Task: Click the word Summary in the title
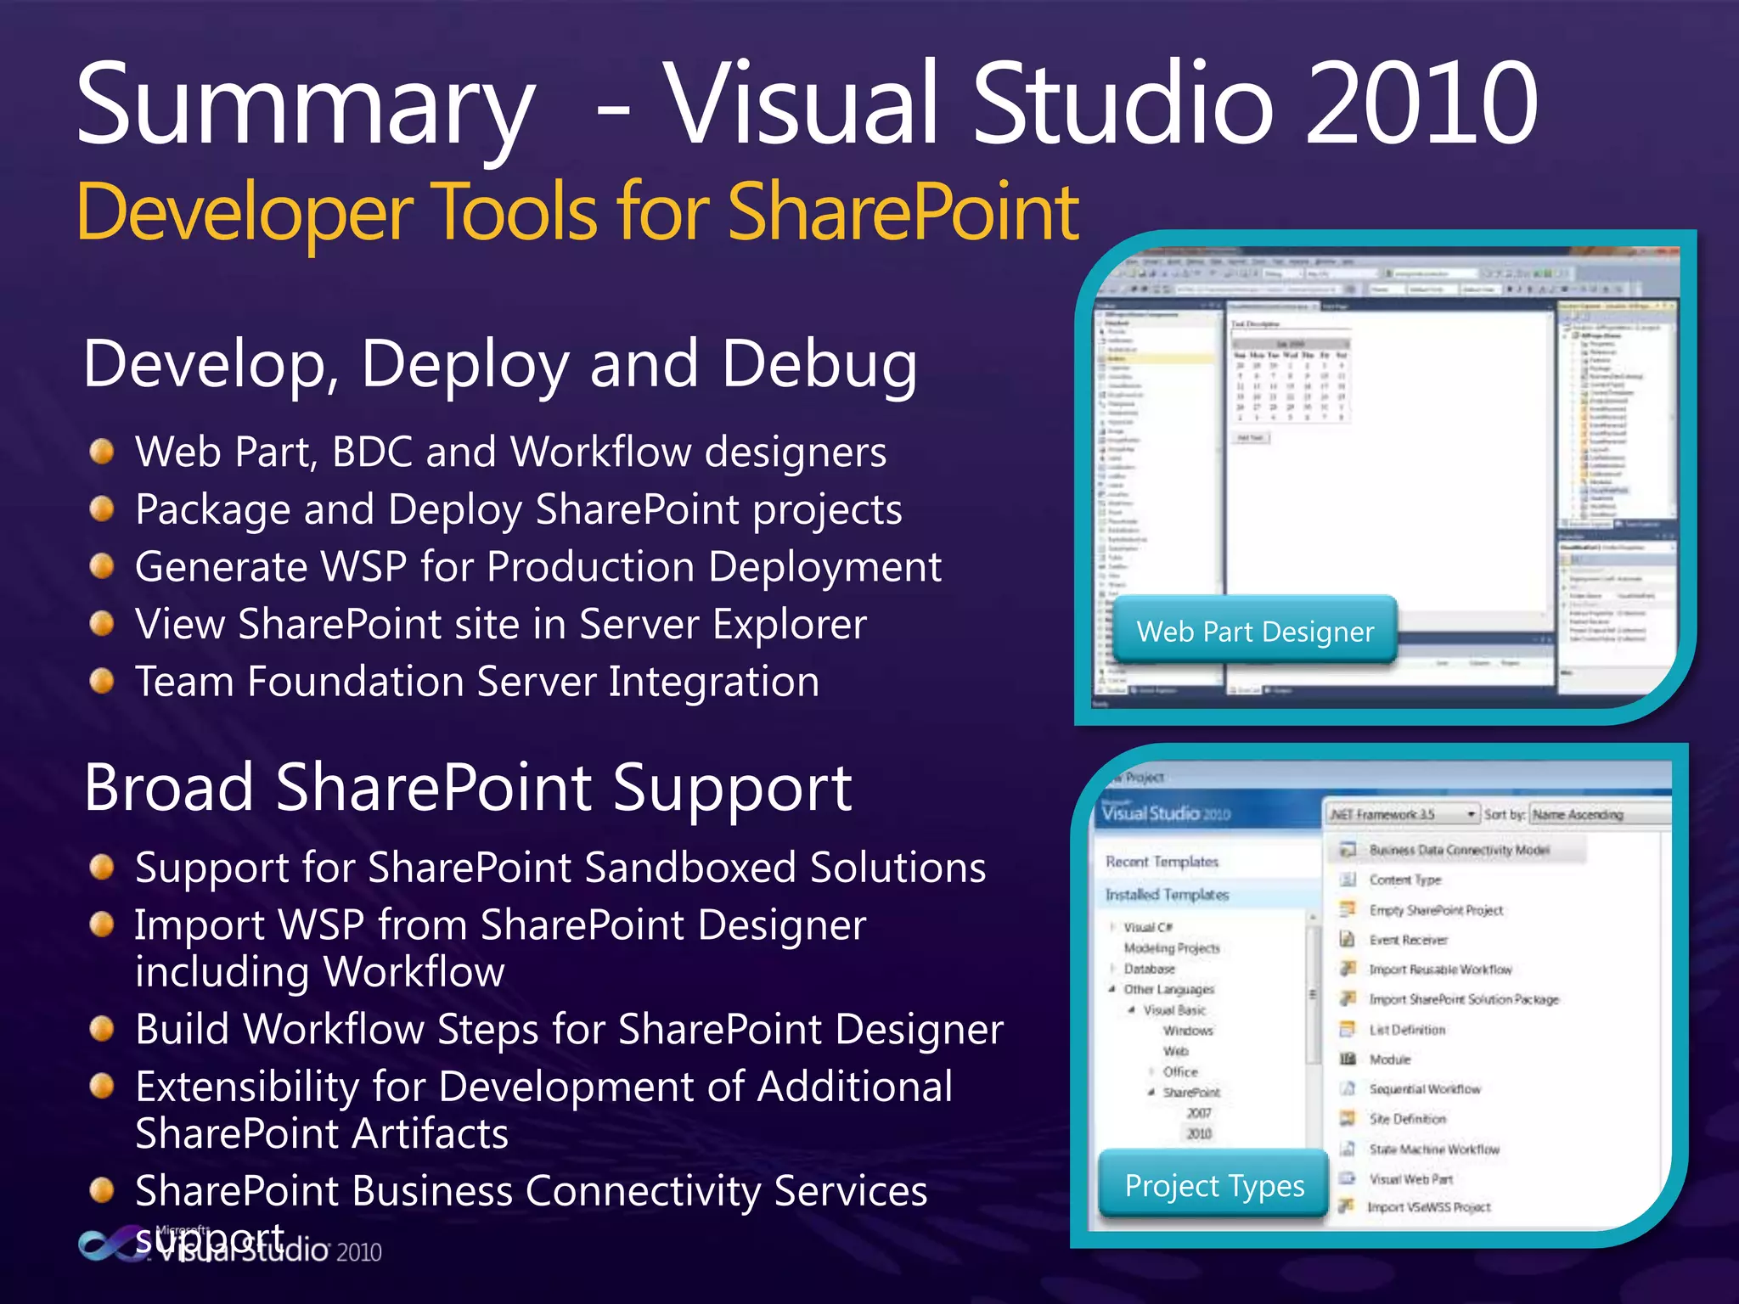[306, 106]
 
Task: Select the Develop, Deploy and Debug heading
[500, 364]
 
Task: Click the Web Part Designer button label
[1254, 632]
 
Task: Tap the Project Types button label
[1213, 1185]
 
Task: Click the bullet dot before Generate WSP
[102, 566]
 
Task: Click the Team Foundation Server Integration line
[477, 682]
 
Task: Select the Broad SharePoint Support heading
[468, 788]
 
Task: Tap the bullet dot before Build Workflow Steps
[102, 1029]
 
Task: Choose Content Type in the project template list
[1404, 880]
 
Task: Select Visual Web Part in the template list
[1410, 1179]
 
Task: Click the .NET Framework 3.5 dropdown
[1401, 814]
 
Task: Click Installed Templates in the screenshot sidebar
[1167, 895]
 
